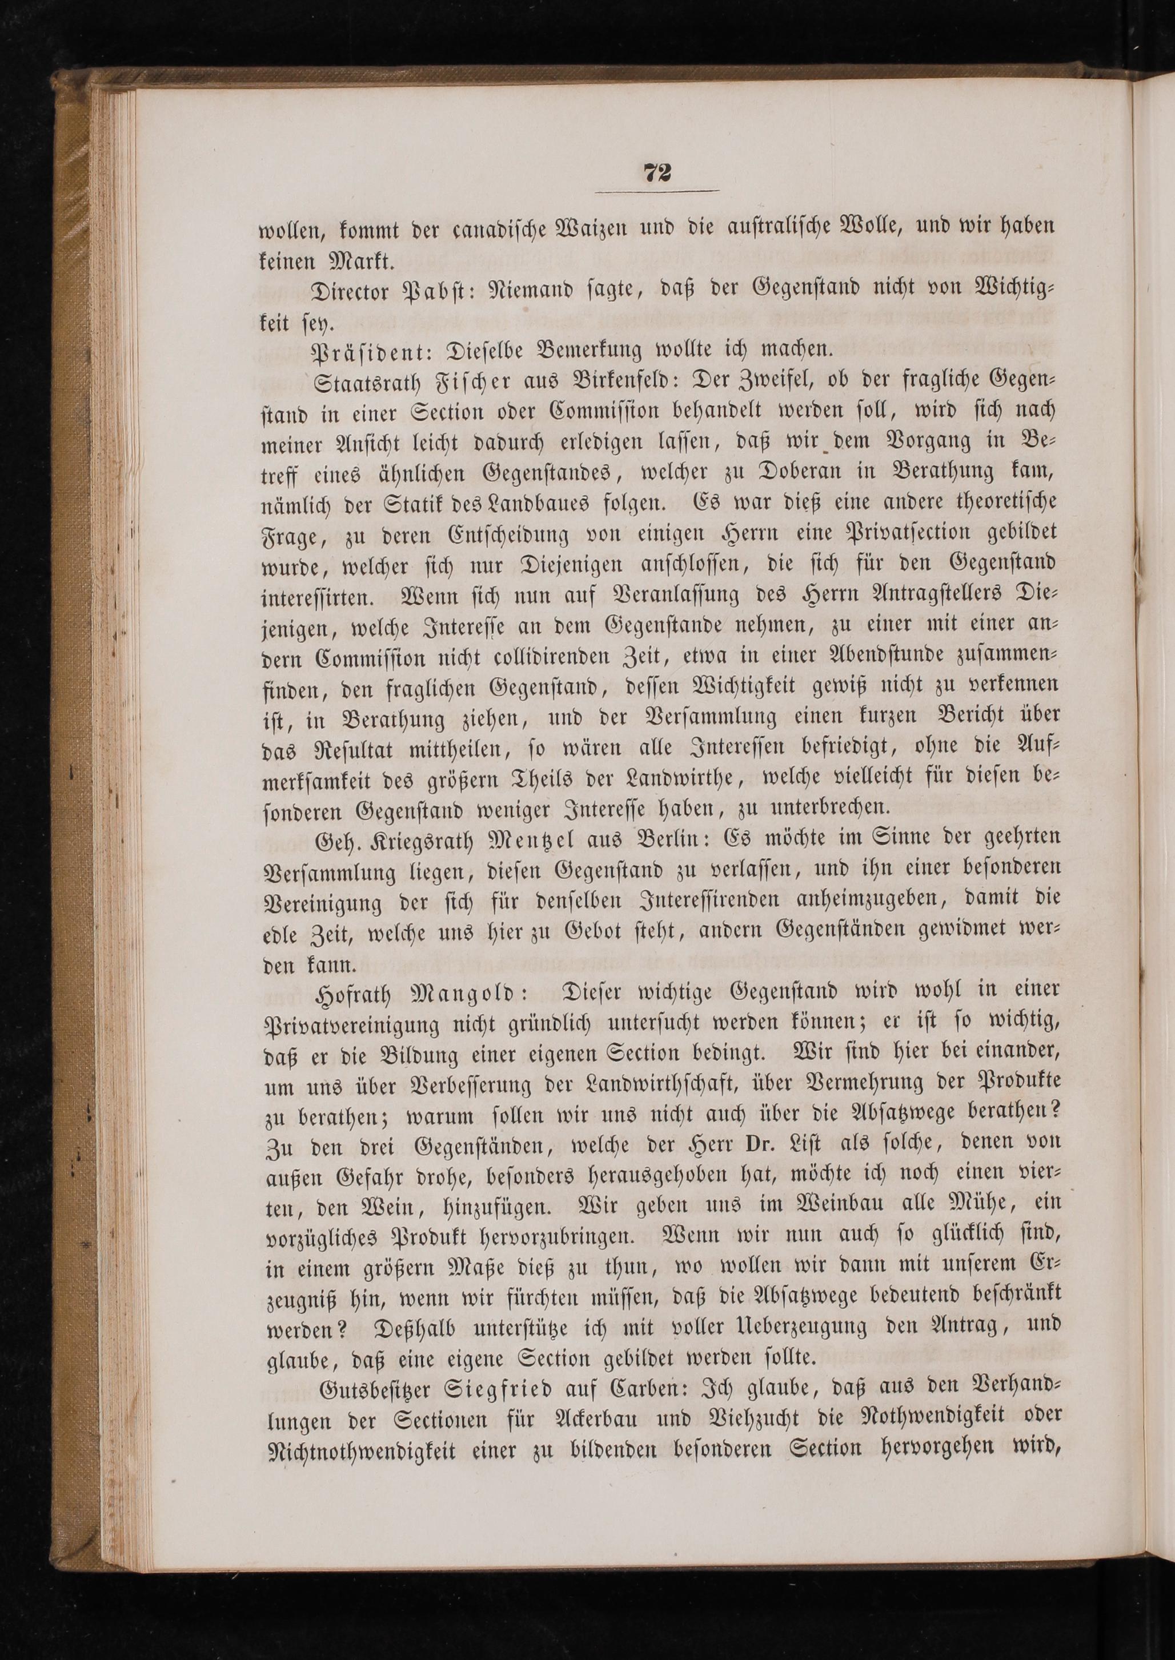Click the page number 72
(x=657, y=173)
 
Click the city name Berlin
(x=651, y=841)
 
